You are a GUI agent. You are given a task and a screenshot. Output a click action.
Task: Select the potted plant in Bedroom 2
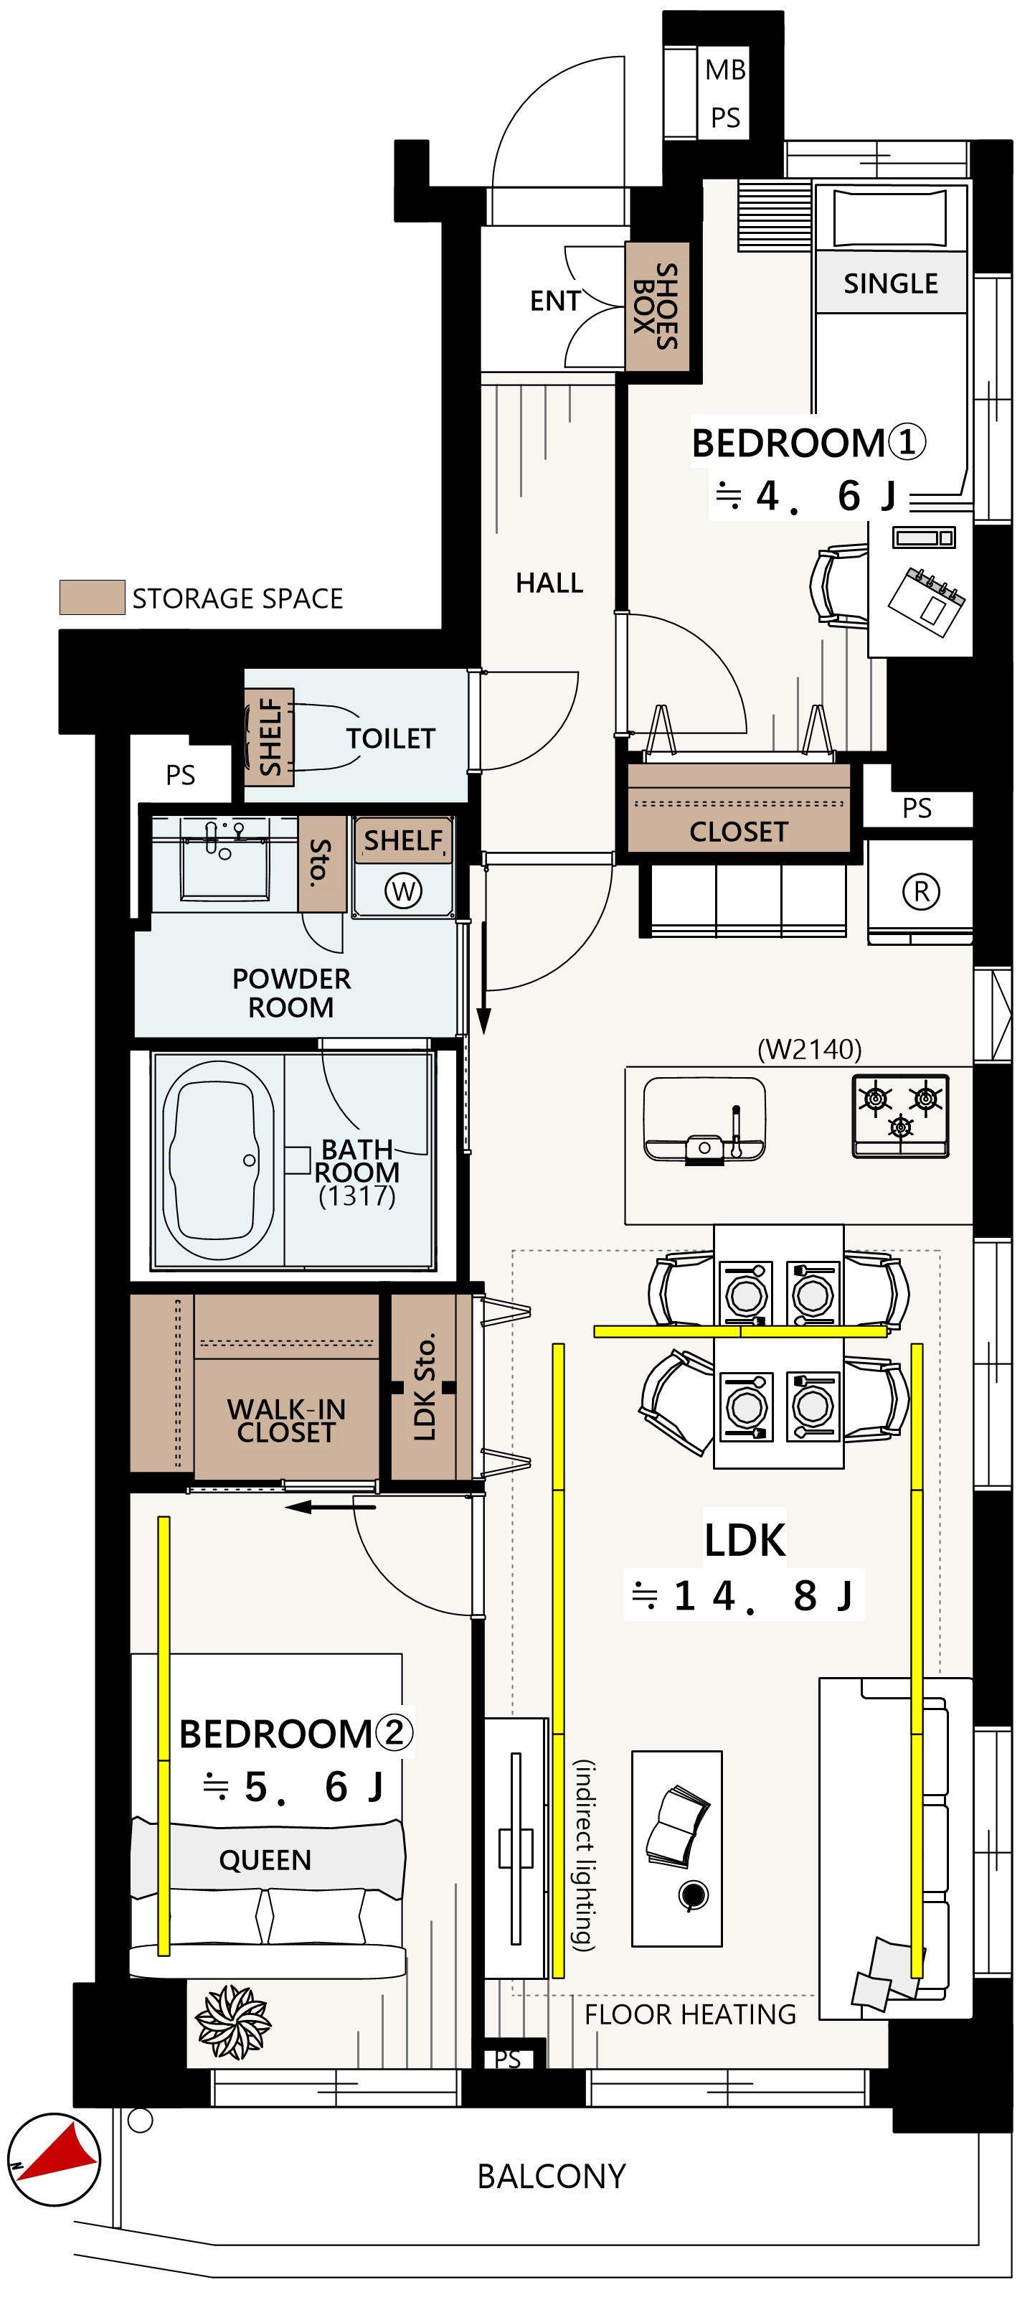tap(232, 2022)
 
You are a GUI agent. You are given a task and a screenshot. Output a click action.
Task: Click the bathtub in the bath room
tap(217, 1160)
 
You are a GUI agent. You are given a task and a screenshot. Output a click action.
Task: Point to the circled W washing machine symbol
tap(403, 891)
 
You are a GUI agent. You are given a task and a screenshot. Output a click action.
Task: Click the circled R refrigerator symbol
tap(920, 891)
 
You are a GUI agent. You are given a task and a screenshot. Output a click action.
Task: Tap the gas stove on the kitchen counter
tap(900, 1117)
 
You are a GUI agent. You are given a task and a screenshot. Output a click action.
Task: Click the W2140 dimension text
tap(810, 1048)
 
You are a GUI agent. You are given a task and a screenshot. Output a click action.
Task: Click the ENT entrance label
tap(554, 301)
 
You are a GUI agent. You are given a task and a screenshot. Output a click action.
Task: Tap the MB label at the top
tap(724, 70)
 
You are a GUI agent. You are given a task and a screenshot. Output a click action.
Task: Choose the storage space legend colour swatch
tap(92, 597)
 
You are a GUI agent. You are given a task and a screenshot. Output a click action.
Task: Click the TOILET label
tap(390, 738)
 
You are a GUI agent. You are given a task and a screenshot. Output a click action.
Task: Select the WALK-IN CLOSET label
tap(286, 1421)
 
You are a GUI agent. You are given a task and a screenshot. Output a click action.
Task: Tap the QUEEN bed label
tap(265, 1860)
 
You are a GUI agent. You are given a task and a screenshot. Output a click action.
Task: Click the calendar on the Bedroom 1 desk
tap(927, 602)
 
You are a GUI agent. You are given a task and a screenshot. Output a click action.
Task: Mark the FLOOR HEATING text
tap(690, 2014)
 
